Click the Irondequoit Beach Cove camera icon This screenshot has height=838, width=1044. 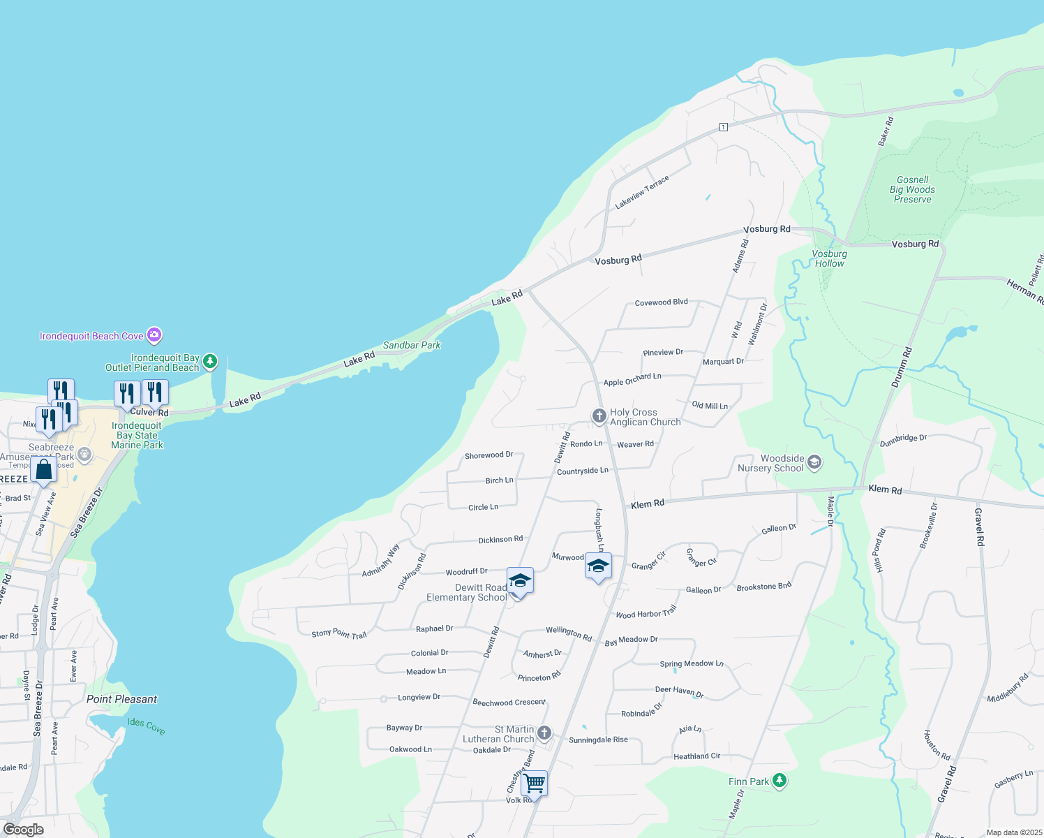pos(154,335)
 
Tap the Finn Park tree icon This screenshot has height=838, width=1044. pos(780,781)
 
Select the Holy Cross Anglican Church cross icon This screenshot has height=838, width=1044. pos(599,416)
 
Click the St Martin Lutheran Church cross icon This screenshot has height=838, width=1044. pos(544,733)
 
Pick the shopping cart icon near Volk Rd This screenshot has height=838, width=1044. pos(534,784)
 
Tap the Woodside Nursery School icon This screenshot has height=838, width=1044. pos(814,462)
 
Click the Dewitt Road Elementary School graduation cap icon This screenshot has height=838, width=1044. pos(520,581)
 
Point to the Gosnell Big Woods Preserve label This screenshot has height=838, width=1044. pos(912,189)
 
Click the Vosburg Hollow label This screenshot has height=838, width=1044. pos(829,258)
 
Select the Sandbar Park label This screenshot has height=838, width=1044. pos(412,345)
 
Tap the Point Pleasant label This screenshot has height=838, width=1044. pos(121,699)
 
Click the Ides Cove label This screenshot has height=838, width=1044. pos(147,726)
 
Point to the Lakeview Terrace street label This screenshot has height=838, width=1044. pos(642,192)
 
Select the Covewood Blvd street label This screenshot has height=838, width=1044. pos(661,302)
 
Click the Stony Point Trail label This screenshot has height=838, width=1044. pos(338,634)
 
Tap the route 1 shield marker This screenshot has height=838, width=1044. pos(724,127)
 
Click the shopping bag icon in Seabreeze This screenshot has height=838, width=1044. pos(43,469)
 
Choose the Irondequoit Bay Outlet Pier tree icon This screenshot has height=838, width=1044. pos(210,362)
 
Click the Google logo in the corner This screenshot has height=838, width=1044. pos(23,830)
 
